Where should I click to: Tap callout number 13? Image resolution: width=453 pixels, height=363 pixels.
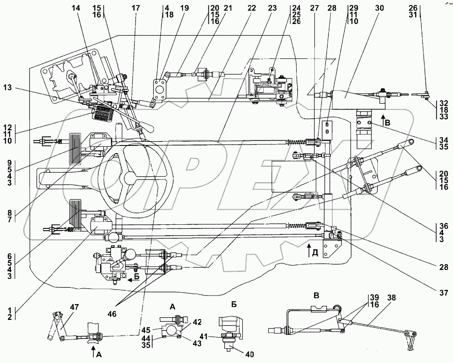[x=8, y=87]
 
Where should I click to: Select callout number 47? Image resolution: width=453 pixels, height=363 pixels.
[x=75, y=307]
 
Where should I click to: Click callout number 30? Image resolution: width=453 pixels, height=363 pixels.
[x=380, y=8]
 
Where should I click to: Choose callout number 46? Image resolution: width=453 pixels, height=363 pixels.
[x=112, y=313]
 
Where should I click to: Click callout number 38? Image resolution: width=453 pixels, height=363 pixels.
[x=391, y=298]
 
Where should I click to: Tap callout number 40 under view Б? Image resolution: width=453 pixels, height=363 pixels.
[x=250, y=354]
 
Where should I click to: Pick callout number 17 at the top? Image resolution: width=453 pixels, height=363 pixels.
[x=135, y=8]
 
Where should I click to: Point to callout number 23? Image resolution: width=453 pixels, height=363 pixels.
[x=272, y=8]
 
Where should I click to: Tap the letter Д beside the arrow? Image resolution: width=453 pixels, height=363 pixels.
[x=315, y=254]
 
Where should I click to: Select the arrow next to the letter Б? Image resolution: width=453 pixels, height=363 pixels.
[x=132, y=280]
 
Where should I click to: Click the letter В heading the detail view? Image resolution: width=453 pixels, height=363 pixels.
[x=317, y=295]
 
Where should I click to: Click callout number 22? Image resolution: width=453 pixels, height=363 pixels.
[x=251, y=8]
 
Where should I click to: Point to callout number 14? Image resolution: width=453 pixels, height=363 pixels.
[x=76, y=8]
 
